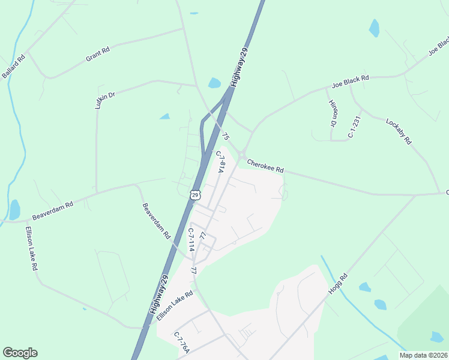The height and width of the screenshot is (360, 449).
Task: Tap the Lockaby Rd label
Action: tap(399, 131)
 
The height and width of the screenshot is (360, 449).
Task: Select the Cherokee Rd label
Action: tap(265, 165)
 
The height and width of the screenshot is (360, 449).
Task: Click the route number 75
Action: tap(225, 137)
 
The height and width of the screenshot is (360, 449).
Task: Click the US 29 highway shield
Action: tap(194, 194)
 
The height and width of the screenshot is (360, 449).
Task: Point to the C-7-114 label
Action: tap(191, 239)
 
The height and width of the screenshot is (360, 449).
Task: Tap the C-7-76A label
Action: tap(181, 343)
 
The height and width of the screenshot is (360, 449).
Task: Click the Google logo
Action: tap(20, 353)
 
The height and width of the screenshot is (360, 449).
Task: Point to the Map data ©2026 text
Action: tap(423, 355)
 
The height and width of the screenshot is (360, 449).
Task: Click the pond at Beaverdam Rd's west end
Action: tap(14, 210)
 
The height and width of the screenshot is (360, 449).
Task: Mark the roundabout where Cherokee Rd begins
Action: tap(242, 156)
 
